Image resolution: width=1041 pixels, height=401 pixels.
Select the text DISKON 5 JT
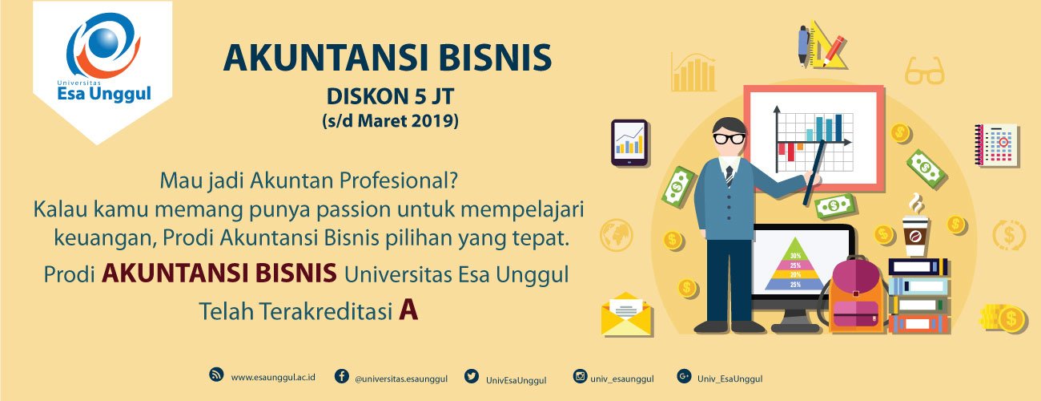click(x=391, y=97)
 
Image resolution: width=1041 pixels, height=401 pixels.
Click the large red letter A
click(x=408, y=310)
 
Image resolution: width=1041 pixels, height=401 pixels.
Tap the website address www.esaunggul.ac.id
click(x=273, y=377)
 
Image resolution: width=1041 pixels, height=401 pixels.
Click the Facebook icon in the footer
click(x=342, y=376)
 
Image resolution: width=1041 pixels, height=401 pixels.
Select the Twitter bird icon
click(x=471, y=376)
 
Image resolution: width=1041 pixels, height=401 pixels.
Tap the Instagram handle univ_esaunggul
click(x=622, y=379)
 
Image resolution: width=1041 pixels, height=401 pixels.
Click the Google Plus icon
click(x=684, y=376)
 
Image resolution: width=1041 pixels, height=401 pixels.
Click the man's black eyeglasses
click(x=729, y=139)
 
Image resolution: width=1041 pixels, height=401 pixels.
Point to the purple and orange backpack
click(x=856, y=295)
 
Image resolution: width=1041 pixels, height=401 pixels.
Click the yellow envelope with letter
click(x=626, y=314)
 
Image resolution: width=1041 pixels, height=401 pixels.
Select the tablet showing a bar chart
click(x=629, y=142)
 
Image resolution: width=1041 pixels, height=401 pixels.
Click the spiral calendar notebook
click(x=996, y=144)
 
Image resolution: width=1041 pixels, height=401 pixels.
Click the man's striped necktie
click(x=730, y=176)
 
